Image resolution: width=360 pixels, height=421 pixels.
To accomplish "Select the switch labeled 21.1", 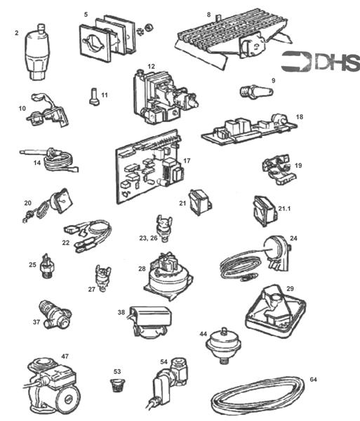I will click(x=261, y=208).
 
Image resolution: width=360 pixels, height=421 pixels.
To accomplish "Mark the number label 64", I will click(x=313, y=379).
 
